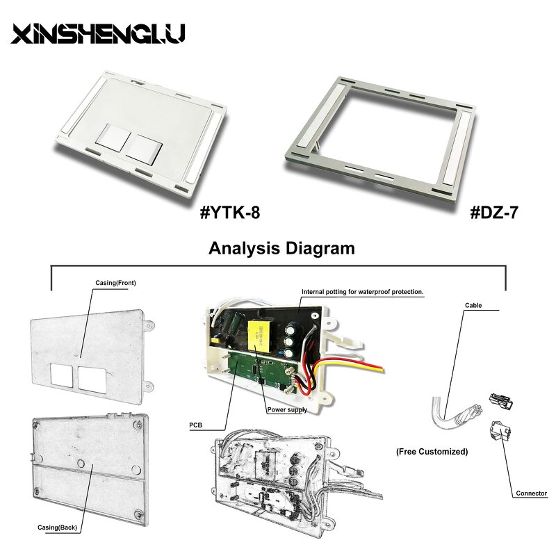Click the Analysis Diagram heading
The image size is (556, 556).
click(x=282, y=249)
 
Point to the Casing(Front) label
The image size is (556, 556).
click(x=115, y=284)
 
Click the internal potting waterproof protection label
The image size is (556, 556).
click(x=361, y=292)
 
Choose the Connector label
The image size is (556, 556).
click(x=531, y=494)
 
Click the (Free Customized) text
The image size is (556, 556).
click(x=432, y=452)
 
